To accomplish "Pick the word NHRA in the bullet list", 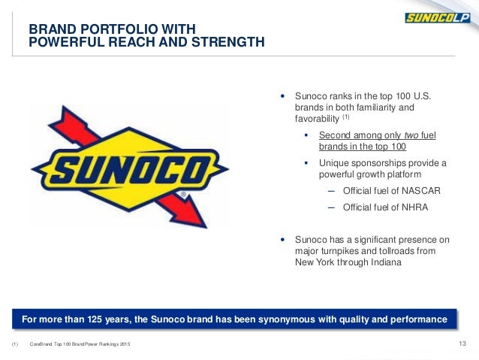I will [x=404, y=207].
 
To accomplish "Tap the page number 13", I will [x=462, y=344].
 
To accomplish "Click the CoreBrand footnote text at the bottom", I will [x=80, y=345].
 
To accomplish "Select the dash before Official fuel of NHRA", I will [x=331, y=207].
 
